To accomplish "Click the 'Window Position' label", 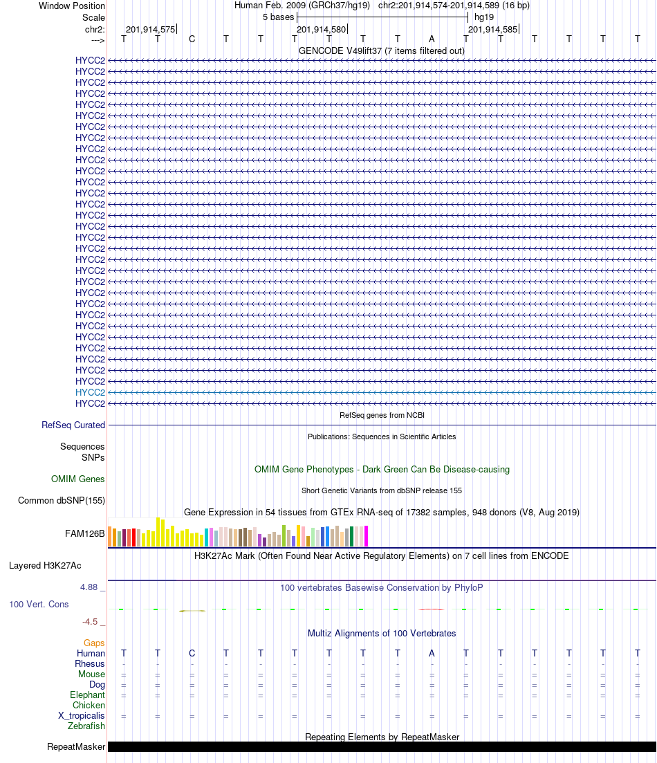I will [x=72, y=6].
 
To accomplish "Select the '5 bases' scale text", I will [x=278, y=17].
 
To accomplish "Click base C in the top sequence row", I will [x=192, y=39].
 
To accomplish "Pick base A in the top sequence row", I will [x=432, y=39].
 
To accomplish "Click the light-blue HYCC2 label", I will [x=90, y=392].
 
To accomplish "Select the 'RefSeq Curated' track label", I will [x=73, y=425].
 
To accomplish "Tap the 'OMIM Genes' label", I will [x=77, y=479].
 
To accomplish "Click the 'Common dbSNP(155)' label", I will [x=62, y=501].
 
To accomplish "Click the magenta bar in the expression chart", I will [x=367, y=536].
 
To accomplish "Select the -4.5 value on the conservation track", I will [x=91, y=621].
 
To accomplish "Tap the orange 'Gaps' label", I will [x=94, y=643].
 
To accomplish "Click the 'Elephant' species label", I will [x=87, y=695].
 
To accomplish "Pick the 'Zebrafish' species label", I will [x=86, y=726].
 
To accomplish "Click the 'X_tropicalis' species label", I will [x=82, y=715].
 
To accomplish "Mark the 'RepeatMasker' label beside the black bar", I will [x=76, y=747].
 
